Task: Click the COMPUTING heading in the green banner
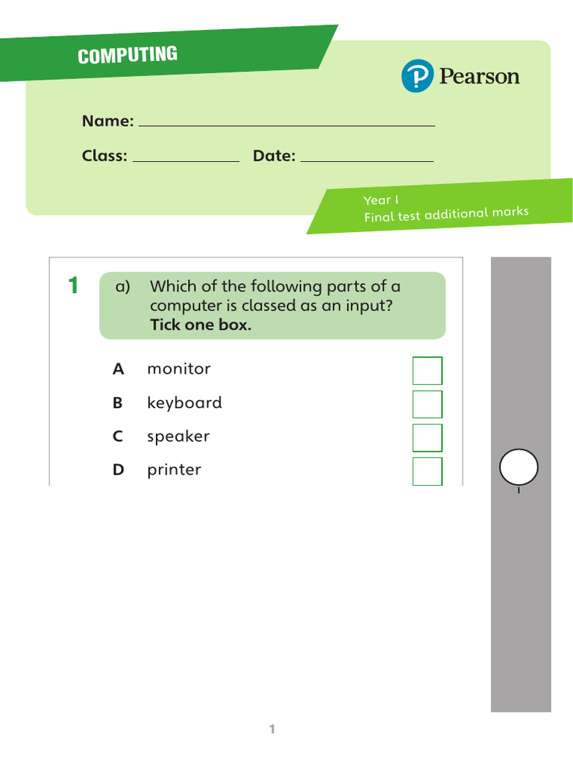[128, 55]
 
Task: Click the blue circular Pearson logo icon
[416, 77]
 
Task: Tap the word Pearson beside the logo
[479, 77]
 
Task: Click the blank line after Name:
[286, 124]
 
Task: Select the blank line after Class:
[186, 159]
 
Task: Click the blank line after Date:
[366, 159]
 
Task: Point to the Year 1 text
[381, 200]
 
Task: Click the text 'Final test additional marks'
[446, 215]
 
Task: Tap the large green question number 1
[73, 286]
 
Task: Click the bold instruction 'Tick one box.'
[201, 325]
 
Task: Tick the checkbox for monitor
[428, 371]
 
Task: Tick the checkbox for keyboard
[428, 404]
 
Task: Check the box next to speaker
[428, 438]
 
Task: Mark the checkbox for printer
[428, 472]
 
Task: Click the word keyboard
[184, 403]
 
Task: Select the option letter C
[118, 436]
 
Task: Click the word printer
[174, 470]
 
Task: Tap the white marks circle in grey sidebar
[519, 468]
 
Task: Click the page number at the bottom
[272, 730]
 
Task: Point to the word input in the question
[367, 306]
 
